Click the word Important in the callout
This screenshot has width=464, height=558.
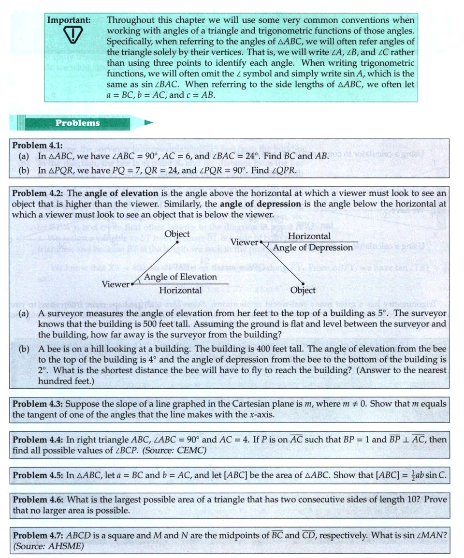(69, 20)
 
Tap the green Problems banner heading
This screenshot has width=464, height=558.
(77, 123)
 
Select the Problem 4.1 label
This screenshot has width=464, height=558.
(38, 146)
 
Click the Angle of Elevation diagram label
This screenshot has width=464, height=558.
(180, 277)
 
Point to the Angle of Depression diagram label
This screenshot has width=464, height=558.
(313, 248)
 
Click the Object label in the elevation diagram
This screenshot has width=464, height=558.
(177, 234)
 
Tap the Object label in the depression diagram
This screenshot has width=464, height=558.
(303, 291)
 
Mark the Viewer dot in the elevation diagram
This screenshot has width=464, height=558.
(132, 284)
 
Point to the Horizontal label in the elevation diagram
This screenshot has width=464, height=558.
(180, 291)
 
